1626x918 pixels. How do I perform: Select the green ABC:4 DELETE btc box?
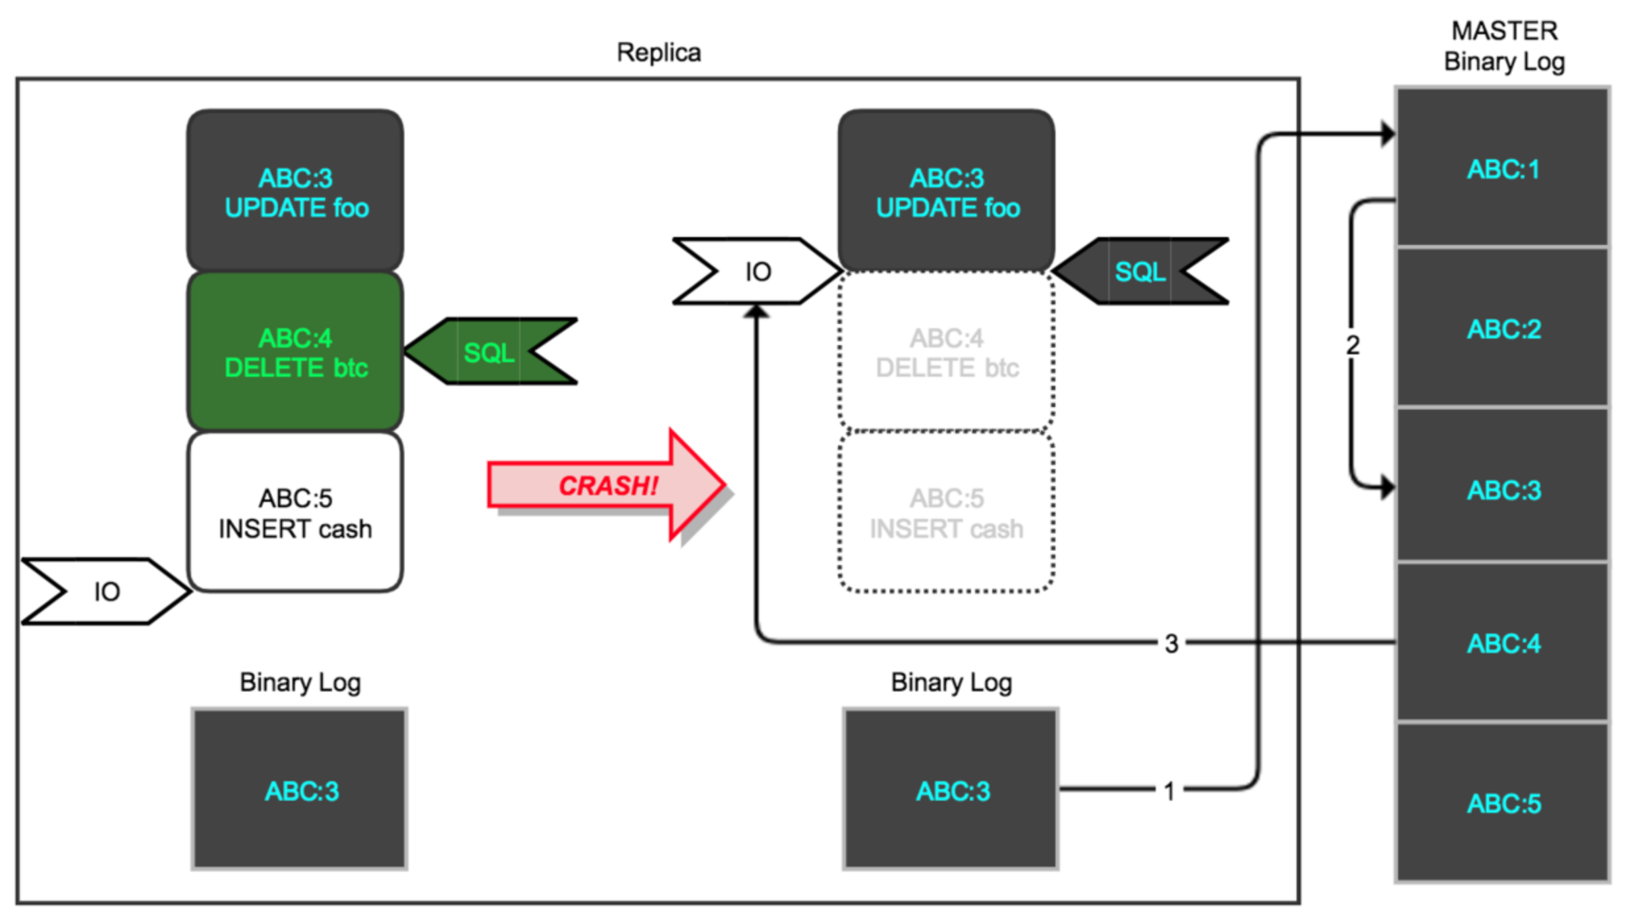pyautogui.click(x=295, y=352)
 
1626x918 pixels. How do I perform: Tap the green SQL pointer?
pyautogui.click(x=491, y=352)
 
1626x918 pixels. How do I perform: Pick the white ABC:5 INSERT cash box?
pyautogui.click(x=295, y=513)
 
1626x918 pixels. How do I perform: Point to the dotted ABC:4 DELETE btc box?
pyautogui.click(x=946, y=352)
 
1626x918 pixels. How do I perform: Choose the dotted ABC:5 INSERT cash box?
pyautogui.click(x=946, y=513)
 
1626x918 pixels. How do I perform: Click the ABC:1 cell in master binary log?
pyautogui.click(x=1502, y=169)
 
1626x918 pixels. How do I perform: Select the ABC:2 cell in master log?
pyautogui.click(x=1502, y=329)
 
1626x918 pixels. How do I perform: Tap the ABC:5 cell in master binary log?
pyautogui.click(x=1502, y=803)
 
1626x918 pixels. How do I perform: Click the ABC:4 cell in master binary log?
pyautogui.click(x=1502, y=643)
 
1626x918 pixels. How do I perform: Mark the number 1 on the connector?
pyautogui.click(x=1169, y=791)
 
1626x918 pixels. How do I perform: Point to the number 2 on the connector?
pyautogui.click(x=1353, y=345)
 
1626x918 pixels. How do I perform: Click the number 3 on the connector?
pyautogui.click(x=1171, y=643)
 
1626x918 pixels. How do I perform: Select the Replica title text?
pyautogui.click(x=658, y=53)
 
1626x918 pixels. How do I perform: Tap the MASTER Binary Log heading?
pyautogui.click(x=1504, y=46)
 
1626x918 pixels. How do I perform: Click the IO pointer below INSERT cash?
pyautogui.click(x=105, y=591)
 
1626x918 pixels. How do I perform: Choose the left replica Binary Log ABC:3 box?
pyautogui.click(x=300, y=790)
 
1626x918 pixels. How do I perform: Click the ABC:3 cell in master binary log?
pyautogui.click(x=1502, y=490)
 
